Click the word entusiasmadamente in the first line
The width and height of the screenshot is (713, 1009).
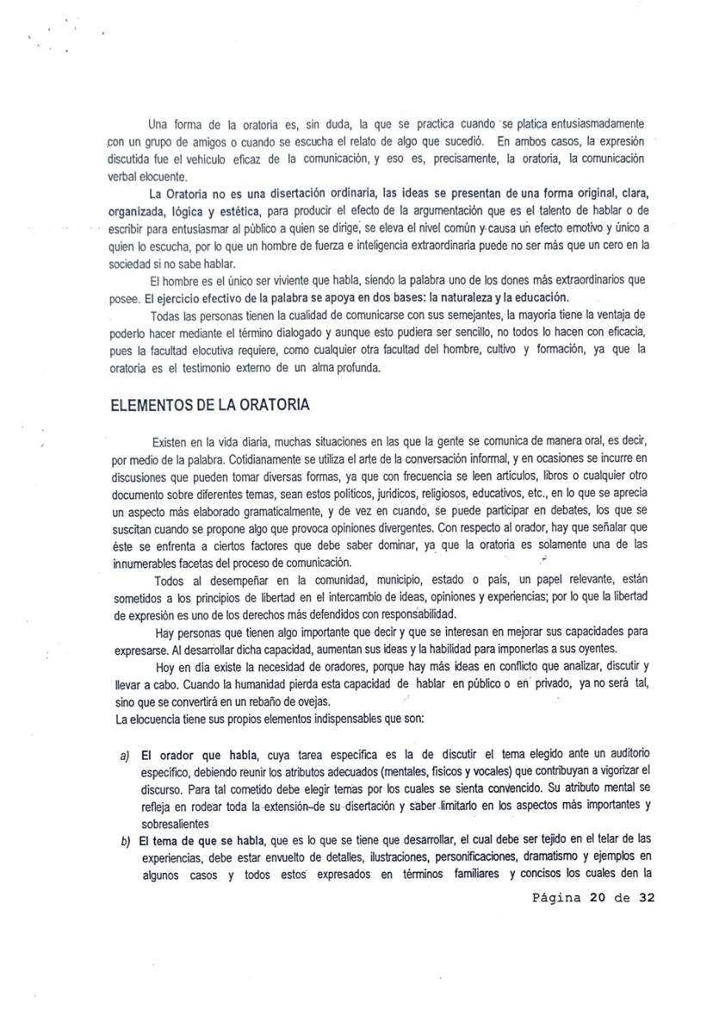[592, 124]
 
